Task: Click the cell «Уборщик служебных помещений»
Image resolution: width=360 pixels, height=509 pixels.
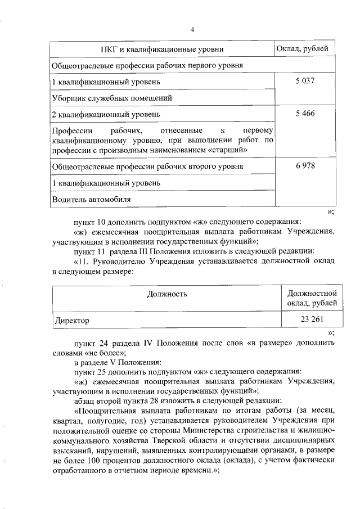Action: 112,98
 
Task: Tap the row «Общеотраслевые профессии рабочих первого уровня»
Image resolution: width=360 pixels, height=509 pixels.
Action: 147,65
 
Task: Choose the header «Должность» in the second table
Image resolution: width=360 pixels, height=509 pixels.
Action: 167,294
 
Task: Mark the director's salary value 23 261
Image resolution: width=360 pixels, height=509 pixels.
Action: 312,320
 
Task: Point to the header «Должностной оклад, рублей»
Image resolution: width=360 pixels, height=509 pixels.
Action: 312,298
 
